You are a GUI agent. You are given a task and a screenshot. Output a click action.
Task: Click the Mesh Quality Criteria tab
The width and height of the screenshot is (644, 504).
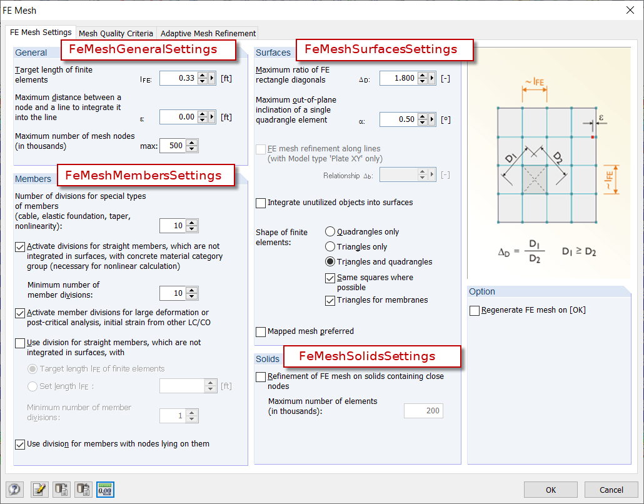[116, 33]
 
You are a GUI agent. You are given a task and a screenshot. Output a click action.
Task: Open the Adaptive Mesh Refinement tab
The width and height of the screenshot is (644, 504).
[208, 33]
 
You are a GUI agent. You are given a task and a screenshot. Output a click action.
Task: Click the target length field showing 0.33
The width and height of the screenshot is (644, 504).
[178, 78]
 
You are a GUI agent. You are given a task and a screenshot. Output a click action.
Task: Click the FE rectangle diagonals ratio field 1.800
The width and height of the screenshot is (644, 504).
[398, 78]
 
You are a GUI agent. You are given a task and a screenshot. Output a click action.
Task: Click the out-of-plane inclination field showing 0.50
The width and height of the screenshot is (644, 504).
[398, 119]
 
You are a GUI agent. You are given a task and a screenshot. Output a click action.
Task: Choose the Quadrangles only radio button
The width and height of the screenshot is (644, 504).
[330, 232]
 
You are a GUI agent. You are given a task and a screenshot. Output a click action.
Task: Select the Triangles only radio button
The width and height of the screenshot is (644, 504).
[330, 247]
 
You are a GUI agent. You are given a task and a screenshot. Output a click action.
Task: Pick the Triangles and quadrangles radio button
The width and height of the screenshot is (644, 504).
[330, 262]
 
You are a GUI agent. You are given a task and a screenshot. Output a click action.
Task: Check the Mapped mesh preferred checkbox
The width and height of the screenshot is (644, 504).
[261, 331]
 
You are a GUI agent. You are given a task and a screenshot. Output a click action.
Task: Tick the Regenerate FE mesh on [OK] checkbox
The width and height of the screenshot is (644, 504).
[475, 311]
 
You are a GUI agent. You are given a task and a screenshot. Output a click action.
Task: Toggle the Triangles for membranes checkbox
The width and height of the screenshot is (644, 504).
[330, 301]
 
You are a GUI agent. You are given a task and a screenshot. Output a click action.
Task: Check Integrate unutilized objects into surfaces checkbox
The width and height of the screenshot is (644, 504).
[261, 203]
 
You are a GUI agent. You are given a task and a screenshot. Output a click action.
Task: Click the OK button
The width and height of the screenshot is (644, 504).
[550, 490]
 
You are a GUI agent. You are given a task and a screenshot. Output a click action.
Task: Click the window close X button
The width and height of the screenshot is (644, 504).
[630, 10]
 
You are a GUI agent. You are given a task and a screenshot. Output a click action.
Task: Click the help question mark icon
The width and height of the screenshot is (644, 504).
[14, 490]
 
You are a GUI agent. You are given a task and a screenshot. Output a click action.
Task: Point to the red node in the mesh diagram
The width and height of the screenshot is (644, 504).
[593, 136]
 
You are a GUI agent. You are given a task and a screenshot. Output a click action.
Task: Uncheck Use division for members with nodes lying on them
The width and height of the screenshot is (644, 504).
[19, 445]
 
